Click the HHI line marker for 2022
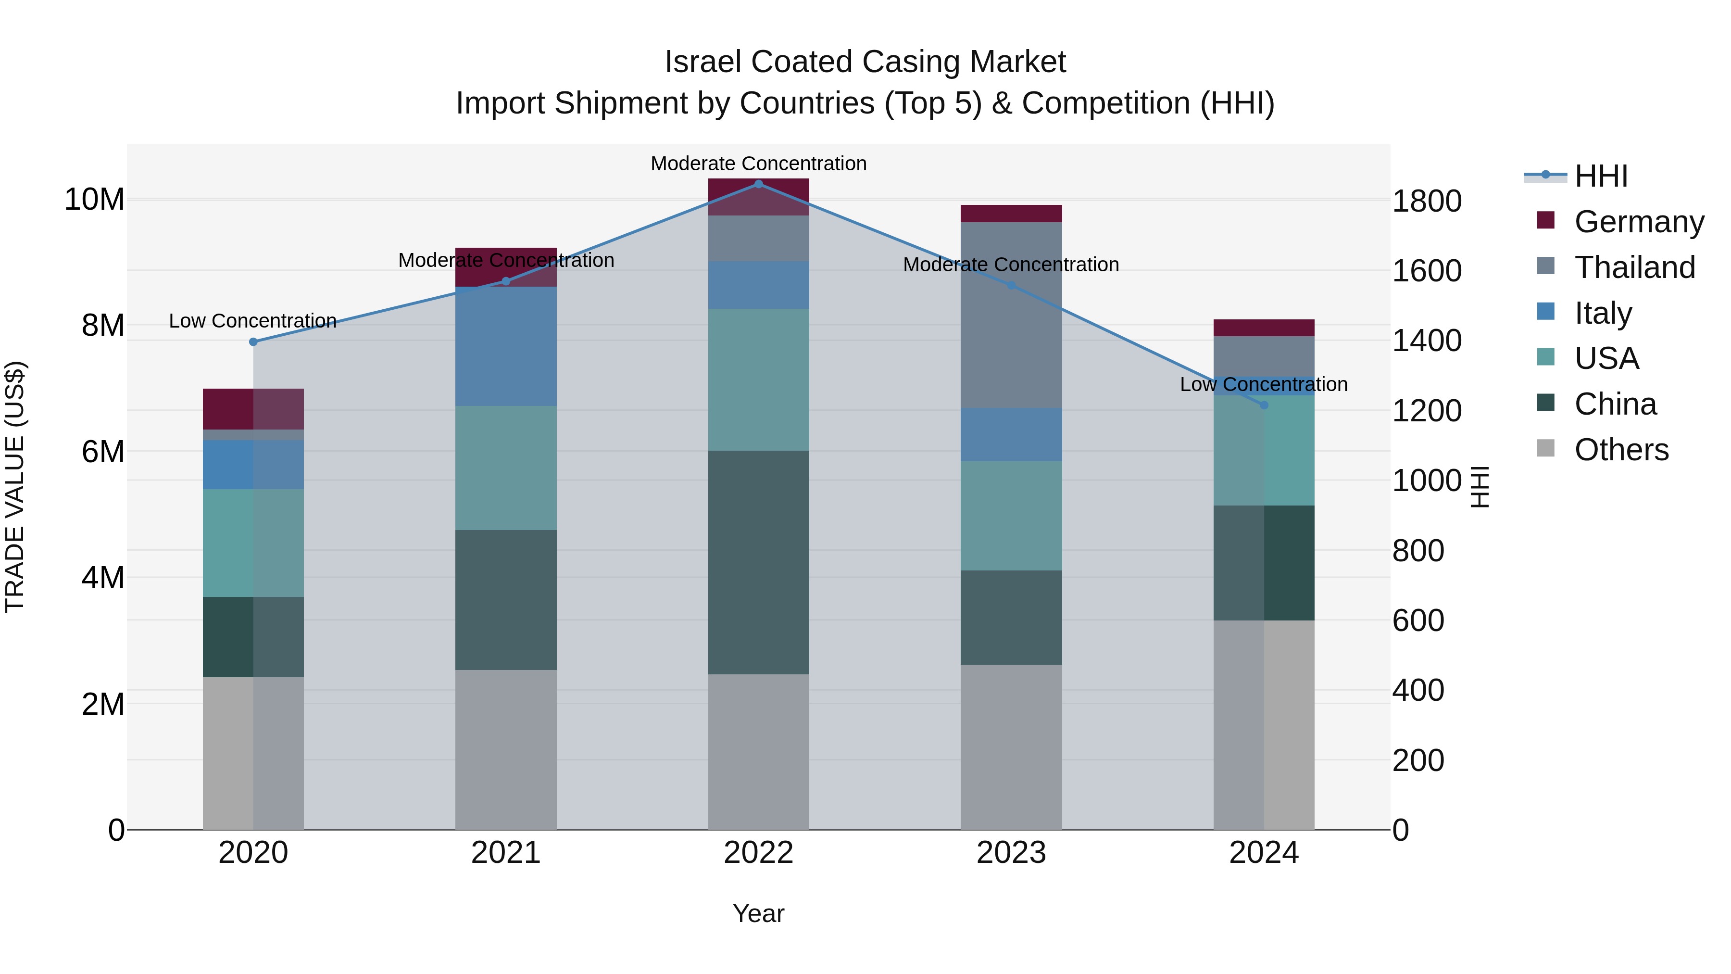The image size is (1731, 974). pos(759,184)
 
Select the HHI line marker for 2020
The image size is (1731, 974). pos(253,342)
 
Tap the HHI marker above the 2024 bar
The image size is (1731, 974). pos(1264,405)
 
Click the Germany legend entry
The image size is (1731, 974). pos(1638,222)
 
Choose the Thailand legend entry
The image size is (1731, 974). pos(1634,267)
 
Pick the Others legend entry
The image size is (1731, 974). pos(1621,450)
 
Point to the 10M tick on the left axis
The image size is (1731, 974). pos(94,200)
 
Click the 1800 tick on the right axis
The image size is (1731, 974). pos(1427,201)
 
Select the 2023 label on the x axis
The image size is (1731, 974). pos(1011,853)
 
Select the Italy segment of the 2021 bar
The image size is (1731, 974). pos(506,346)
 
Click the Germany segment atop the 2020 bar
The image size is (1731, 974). pos(253,409)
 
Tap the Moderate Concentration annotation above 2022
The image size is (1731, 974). pos(759,164)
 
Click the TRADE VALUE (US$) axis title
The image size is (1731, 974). pos(15,487)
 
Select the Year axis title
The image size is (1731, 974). pos(759,913)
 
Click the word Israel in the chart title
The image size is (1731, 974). pos(703,62)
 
